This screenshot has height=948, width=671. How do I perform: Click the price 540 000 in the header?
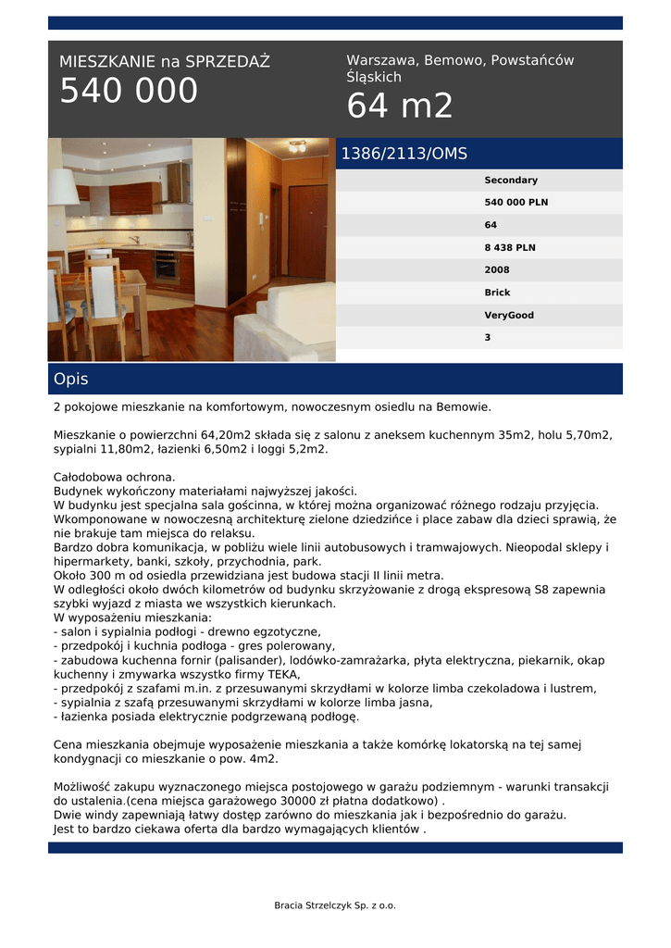[129, 92]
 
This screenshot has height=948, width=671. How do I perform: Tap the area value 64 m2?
[400, 106]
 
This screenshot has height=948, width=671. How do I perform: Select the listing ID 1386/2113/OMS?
[404, 154]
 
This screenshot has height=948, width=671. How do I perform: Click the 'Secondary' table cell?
[511, 181]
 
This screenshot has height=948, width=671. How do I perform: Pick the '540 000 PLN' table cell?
[516, 203]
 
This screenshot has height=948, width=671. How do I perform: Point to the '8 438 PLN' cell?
[510, 248]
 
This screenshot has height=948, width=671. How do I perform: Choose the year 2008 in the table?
[497, 270]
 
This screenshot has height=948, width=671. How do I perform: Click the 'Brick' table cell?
[497, 293]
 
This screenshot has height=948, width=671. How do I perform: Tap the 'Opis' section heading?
[70, 380]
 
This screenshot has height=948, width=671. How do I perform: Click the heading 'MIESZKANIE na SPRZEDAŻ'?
[165, 62]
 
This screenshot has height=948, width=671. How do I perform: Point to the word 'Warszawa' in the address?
[381, 60]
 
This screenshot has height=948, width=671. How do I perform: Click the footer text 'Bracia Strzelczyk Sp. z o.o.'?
[335, 905]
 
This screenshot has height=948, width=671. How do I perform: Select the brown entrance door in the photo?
[306, 231]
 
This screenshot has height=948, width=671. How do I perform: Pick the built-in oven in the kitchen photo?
[168, 267]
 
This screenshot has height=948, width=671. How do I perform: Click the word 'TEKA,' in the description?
[280, 675]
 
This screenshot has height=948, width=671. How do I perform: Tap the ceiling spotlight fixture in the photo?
[296, 146]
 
